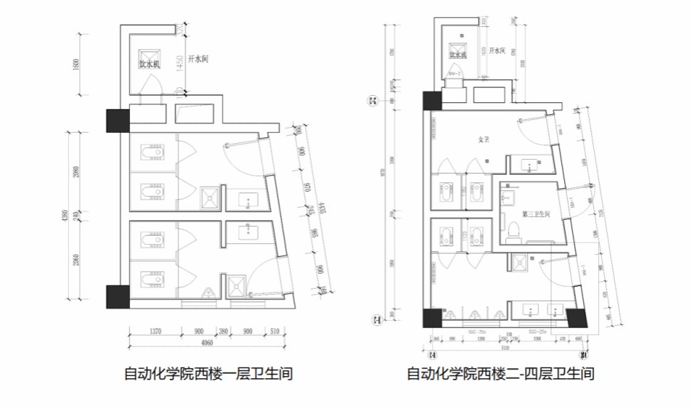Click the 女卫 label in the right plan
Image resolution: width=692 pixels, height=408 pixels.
pyautogui.click(x=485, y=139)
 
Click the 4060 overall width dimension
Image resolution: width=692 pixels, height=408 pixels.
pyautogui.click(x=207, y=343)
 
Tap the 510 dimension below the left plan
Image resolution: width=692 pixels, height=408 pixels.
pyautogui.click(x=275, y=331)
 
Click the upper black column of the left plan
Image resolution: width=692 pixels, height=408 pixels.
pyautogui.click(x=117, y=120)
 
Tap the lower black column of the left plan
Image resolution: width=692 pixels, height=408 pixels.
pyautogui.click(x=117, y=297)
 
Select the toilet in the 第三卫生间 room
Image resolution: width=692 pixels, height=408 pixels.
pyautogui.click(x=514, y=229)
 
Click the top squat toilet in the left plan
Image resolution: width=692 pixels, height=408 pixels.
pyautogui.click(x=151, y=153)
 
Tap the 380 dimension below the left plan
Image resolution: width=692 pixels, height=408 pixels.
pyautogui.click(x=223, y=331)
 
